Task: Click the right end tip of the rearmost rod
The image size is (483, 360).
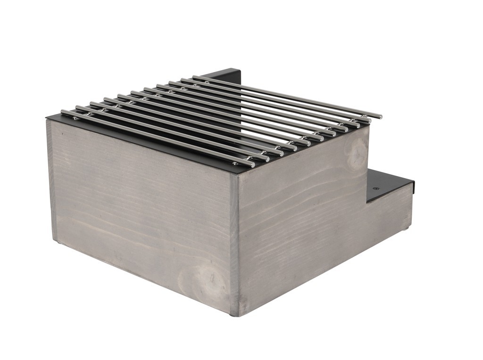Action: point(380,116)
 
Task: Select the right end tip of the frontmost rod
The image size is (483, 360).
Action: point(253,164)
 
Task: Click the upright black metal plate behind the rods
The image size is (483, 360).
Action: point(226,75)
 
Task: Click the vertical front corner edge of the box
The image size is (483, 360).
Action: point(235,245)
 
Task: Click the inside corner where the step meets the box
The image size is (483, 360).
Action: point(367,203)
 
